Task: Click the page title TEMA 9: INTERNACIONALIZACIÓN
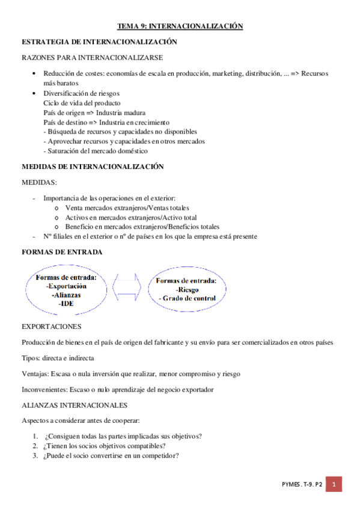[180, 26]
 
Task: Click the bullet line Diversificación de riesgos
[81, 93]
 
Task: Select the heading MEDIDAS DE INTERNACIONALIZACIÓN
[92, 166]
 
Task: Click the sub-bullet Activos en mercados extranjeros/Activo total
[130, 217]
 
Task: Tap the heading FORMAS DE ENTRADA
[62, 251]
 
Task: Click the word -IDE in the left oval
[66, 304]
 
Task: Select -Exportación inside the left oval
[66, 286]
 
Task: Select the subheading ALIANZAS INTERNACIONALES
[74, 405]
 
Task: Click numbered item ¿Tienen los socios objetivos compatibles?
[105, 446]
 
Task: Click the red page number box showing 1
[336, 484]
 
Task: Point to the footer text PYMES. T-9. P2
[303, 484]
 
